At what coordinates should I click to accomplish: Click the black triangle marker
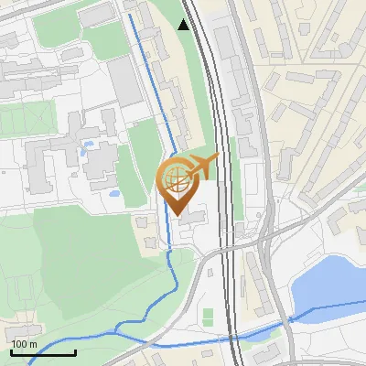point(184,25)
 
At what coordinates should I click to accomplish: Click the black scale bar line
point(43,353)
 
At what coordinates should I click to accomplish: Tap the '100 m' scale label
point(24,344)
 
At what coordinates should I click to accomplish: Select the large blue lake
point(327,284)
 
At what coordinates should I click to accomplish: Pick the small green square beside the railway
point(208,316)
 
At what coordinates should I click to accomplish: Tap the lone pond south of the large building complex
point(114,193)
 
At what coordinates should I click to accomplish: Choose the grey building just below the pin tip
point(193,219)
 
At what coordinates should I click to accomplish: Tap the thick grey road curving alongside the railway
point(266,274)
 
